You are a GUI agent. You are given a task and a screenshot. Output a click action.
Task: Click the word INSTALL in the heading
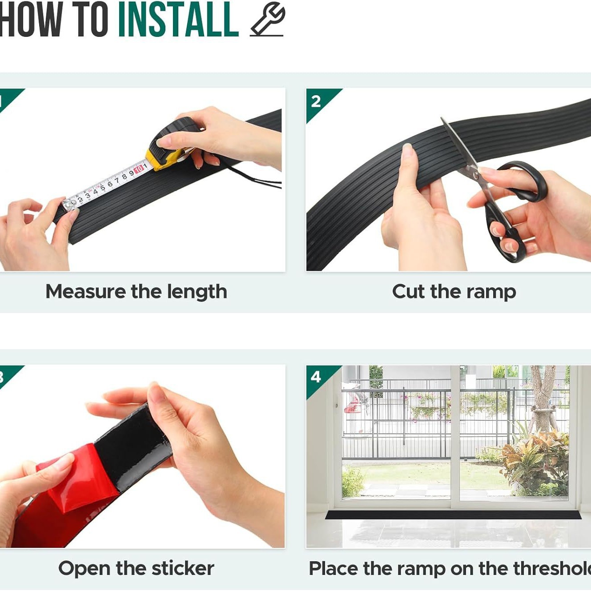(178, 20)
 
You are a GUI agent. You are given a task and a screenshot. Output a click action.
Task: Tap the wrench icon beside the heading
(267, 20)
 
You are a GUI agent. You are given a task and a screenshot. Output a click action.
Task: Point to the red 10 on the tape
(139, 169)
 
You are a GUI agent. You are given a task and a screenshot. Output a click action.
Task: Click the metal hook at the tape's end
(69, 204)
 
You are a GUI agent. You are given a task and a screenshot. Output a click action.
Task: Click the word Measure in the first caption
(84, 291)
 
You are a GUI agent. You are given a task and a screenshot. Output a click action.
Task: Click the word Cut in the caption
(409, 291)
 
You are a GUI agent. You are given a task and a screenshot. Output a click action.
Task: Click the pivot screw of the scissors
(476, 176)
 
